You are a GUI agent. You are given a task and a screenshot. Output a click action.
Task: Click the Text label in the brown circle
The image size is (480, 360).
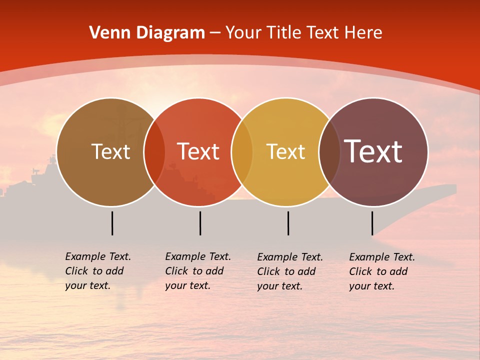110,152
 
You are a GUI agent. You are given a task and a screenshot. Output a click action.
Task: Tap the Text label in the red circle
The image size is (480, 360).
198,152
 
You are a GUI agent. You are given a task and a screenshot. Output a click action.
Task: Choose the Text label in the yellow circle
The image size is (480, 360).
285,152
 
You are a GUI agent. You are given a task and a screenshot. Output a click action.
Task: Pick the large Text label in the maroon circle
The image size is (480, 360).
373,152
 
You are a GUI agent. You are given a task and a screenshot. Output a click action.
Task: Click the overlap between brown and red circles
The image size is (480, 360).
154,152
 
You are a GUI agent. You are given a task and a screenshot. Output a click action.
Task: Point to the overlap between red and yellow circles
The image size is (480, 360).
242,152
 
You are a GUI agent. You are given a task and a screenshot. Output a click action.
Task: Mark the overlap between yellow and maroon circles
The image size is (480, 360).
329,152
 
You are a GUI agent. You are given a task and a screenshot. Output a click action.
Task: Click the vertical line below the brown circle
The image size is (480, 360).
112,223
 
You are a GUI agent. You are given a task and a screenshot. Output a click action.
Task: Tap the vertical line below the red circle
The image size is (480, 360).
200,223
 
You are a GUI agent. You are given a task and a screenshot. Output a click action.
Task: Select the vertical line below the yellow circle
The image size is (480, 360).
288,223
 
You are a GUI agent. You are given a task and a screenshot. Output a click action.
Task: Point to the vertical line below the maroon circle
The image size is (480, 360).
372,223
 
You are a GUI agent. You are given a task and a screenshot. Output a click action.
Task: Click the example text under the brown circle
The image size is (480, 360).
98,271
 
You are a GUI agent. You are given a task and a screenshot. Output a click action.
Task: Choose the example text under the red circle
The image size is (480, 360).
198,271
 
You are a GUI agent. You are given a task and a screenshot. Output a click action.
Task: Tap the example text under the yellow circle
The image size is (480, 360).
290,271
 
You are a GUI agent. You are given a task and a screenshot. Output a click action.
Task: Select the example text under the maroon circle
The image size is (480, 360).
382,271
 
